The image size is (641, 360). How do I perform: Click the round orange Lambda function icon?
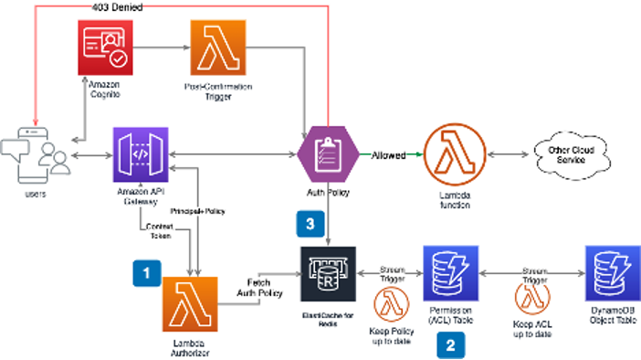(454, 154)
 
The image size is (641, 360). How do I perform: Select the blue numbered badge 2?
(447, 344)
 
